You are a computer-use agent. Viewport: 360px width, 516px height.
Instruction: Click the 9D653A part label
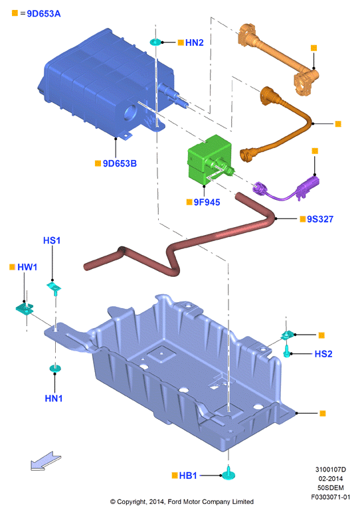(44, 14)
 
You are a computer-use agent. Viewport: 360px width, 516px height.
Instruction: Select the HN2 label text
(195, 43)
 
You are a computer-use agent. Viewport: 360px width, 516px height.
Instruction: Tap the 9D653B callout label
(120, 163)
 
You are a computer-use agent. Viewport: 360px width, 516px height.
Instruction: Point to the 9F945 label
(207, 202)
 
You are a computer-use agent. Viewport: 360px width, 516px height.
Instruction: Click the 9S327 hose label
(320, 219)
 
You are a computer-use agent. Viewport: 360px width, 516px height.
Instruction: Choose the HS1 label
(52, 240)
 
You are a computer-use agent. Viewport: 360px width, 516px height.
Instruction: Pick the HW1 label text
(27, 267)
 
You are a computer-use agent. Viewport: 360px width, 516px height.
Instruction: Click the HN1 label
(54, 398)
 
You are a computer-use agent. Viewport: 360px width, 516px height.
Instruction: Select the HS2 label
(323, 354)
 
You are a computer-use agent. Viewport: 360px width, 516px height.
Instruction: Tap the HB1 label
(188, 475)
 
